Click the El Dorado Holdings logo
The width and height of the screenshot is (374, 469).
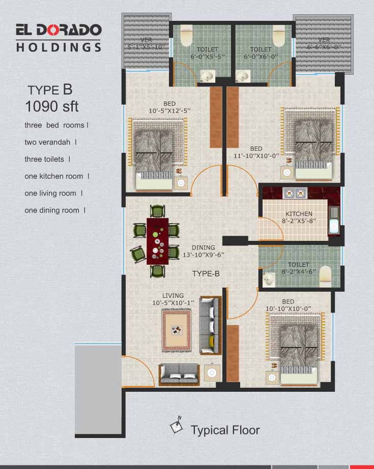point(59,38)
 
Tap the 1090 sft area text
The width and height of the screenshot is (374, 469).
point(52,107)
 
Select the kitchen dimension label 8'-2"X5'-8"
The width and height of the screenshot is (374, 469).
point(299,221)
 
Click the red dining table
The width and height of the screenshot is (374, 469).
point(158,241)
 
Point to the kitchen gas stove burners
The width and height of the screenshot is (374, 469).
point(295,193)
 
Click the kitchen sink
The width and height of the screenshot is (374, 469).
point(334,221)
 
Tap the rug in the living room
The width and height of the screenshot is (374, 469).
point(177,330)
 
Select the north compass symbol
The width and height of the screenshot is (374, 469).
point(177,424)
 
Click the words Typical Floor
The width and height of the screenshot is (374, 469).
point(225,430)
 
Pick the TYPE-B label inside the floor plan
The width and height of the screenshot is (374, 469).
point(206,274)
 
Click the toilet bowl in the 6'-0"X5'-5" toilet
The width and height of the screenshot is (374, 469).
point(186,36)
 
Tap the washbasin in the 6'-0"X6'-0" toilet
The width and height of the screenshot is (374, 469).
point(243,76)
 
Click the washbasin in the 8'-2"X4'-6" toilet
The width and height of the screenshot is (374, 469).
point(269,279)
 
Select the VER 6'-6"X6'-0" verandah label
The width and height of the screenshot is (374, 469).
point(324,43)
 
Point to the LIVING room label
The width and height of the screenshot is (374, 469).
point(173,296)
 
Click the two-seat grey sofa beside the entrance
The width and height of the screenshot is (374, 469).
point(179,374)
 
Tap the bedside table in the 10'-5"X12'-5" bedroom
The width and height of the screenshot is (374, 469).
point(181,183)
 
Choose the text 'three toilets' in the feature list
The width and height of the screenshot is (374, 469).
point(44,159)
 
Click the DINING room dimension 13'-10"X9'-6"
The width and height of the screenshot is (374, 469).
point(204,255)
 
